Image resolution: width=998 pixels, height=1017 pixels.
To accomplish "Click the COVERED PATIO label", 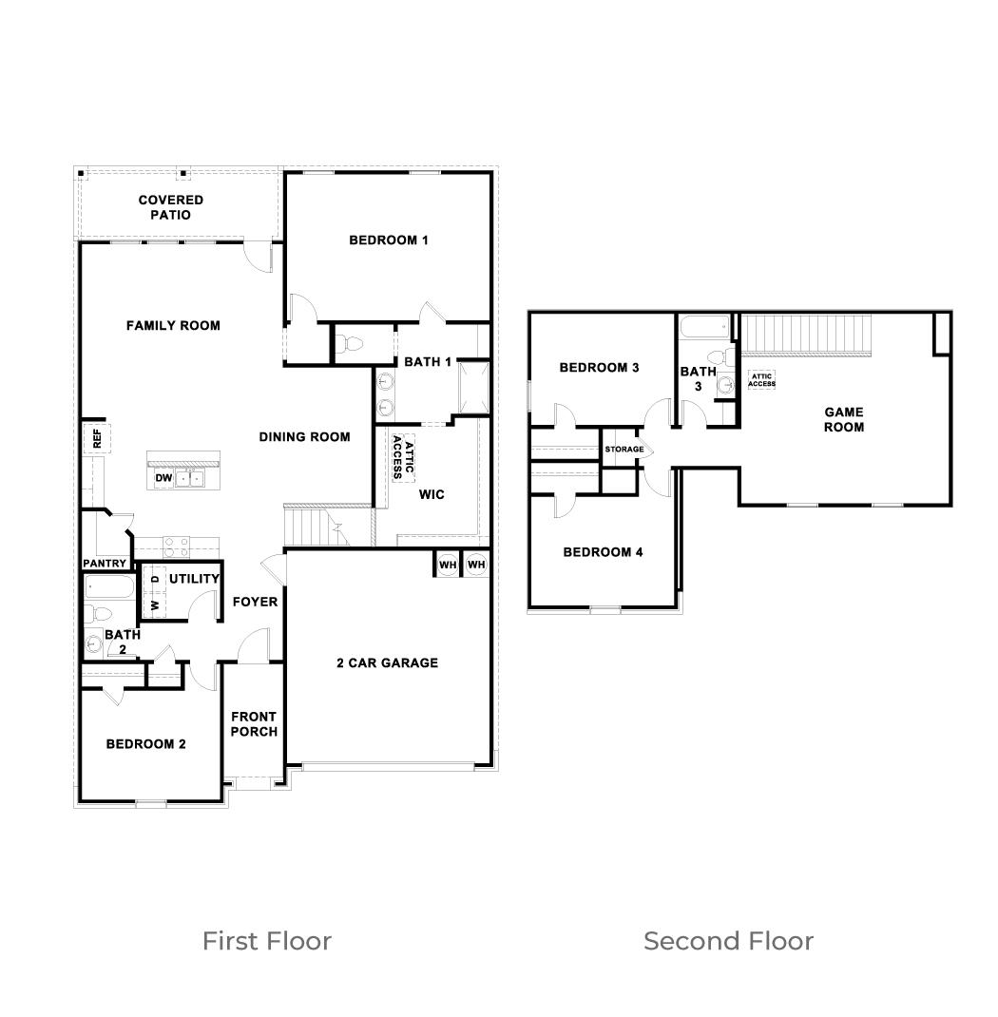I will [x=170, y=207].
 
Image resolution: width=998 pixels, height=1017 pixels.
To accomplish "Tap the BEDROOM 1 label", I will [x=388, y=240].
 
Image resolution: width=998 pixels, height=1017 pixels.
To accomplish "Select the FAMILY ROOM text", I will [x=173, y=326].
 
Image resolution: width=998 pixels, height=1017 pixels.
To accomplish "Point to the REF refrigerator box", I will [x=96, y=438].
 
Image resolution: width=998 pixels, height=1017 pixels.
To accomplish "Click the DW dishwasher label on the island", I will [x=163, y=478].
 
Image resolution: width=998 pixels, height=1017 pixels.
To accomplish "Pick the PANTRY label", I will [x=105, y=564].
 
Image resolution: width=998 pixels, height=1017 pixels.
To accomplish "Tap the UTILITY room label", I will [x=194, y=579].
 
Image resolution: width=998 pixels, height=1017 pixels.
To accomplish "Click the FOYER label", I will [x=255, y=602].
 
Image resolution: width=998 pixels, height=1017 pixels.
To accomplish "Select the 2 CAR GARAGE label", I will [x=387, y=662].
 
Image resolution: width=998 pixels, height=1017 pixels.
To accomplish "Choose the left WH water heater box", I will [x=447, y=565].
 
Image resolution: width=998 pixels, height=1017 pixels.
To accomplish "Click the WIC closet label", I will [x=432, y=494].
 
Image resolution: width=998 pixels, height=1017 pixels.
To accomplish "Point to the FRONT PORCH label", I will [x=254, y=724].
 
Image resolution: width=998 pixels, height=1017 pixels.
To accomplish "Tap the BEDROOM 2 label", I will [x=145, y=744].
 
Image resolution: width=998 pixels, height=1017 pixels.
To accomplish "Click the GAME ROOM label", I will [x=843, y=419].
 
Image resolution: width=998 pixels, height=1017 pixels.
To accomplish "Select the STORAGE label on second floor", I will [x=624, y=450].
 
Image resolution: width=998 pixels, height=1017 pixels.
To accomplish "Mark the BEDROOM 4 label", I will [x=603, y=552].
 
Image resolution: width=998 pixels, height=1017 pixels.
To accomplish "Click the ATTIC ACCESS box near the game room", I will [x=761, y=380].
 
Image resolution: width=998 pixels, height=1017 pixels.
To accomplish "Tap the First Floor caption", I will [x=266, y=941].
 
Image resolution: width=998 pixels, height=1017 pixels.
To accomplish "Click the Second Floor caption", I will [x=728, y=941].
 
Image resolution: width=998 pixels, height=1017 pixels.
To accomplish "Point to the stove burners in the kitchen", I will [x=177, y=547].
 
